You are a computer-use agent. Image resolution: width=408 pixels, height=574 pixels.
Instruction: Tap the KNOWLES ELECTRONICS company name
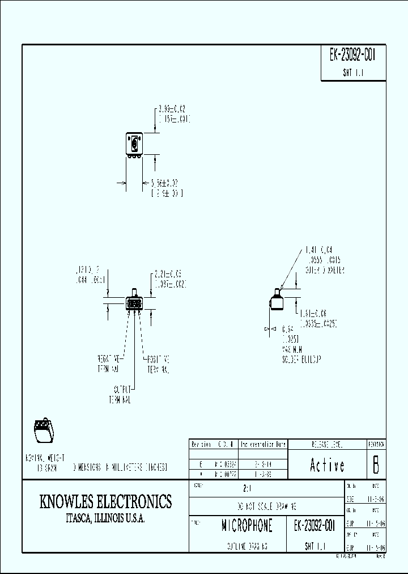[x=105, y=501]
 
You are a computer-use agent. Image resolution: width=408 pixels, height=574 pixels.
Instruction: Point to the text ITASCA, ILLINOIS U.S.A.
[x=105, y=518]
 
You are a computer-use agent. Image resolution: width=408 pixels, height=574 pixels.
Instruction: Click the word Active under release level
[x=327, y=465]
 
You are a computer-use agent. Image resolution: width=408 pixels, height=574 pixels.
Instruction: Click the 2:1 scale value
[x=244, y=487]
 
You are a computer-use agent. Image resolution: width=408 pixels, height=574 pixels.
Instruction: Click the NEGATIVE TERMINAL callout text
[x=109, y=364]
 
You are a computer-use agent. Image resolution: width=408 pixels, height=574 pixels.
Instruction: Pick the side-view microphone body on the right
[x=276, y=301]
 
